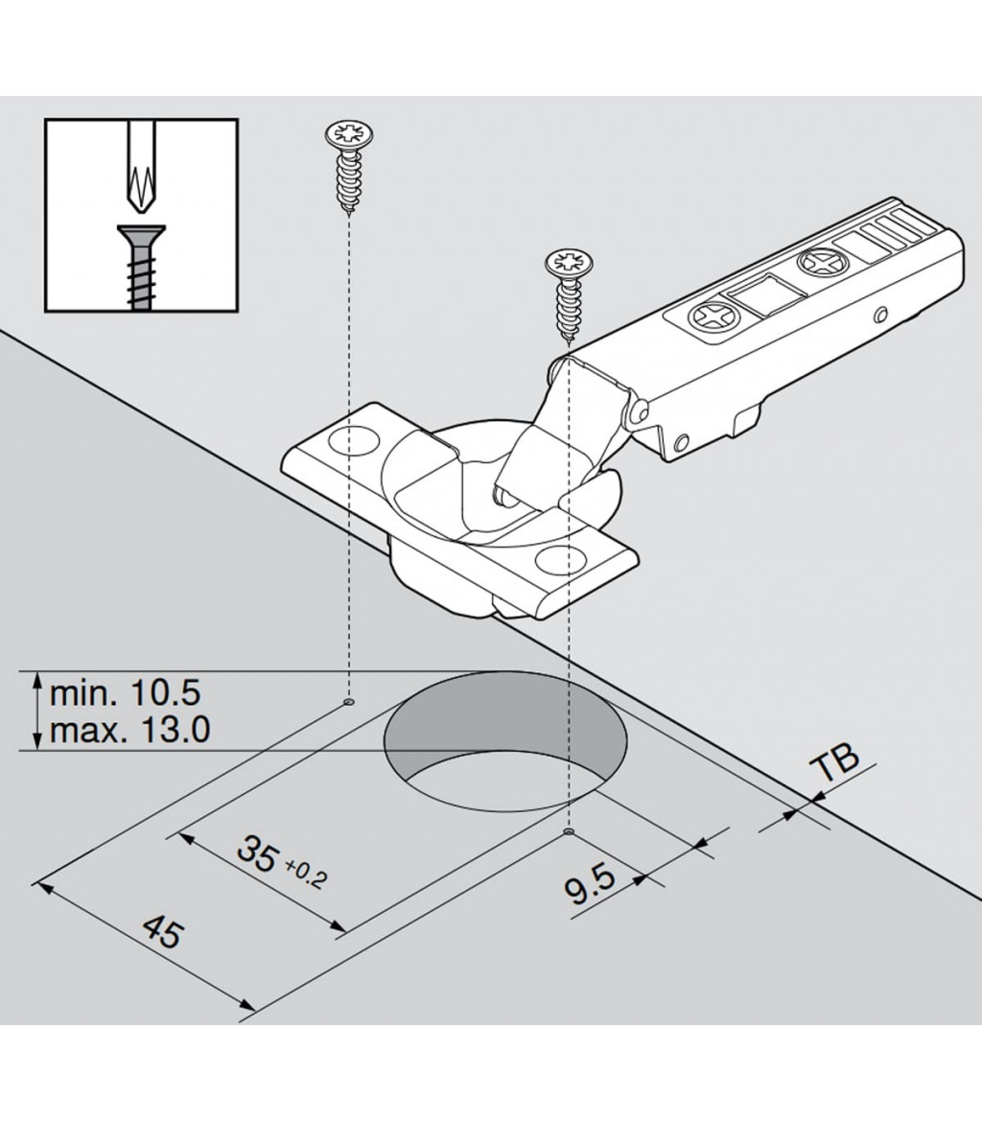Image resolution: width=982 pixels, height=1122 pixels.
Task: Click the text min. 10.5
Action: coord(125,692)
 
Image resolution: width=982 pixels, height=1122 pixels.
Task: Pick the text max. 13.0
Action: coord(129,731)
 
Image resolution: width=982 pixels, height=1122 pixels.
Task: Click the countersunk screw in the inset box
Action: coord(140,264)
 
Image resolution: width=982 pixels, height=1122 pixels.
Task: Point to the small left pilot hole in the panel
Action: coord(348,702)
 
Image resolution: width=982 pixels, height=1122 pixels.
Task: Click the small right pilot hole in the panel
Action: coord(570,832)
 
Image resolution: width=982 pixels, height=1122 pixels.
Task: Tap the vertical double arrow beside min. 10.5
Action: coord(35,712)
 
